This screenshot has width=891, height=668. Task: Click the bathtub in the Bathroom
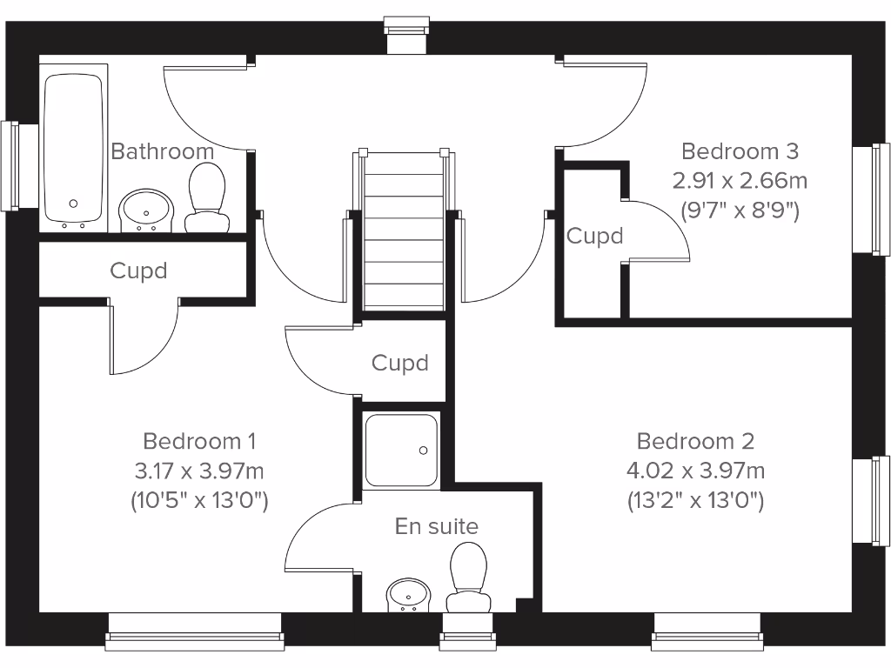74,148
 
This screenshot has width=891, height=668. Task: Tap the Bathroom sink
146,210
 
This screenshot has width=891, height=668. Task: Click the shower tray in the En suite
401,450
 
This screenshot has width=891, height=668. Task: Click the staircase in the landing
403,230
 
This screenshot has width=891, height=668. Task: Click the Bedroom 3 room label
740,151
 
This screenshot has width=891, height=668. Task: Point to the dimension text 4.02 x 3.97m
695,471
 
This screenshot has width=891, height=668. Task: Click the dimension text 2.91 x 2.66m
740,181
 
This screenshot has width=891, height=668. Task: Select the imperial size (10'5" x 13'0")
199,500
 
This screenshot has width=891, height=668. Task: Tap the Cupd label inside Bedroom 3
595,236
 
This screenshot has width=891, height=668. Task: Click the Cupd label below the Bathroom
138,271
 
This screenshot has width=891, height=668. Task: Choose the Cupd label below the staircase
400,363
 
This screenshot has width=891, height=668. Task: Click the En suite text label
437,526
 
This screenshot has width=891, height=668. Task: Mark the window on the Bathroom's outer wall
10,165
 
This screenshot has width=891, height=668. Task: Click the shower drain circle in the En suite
424,450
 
